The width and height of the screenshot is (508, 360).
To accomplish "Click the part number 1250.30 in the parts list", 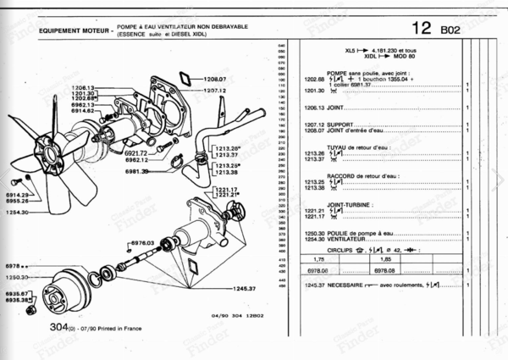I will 313,233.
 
